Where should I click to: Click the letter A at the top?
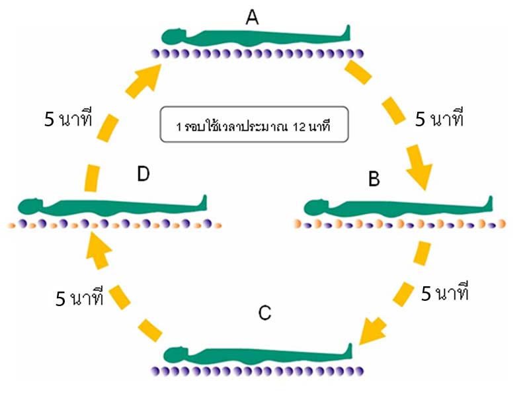point(252,18)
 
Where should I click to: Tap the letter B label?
point(374,178)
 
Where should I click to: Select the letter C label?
point(264,313)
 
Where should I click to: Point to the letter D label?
point(143,175)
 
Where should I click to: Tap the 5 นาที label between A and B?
point(439,120)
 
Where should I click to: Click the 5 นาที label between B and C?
point(444,293)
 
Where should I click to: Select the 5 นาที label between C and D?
point(80,298)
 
